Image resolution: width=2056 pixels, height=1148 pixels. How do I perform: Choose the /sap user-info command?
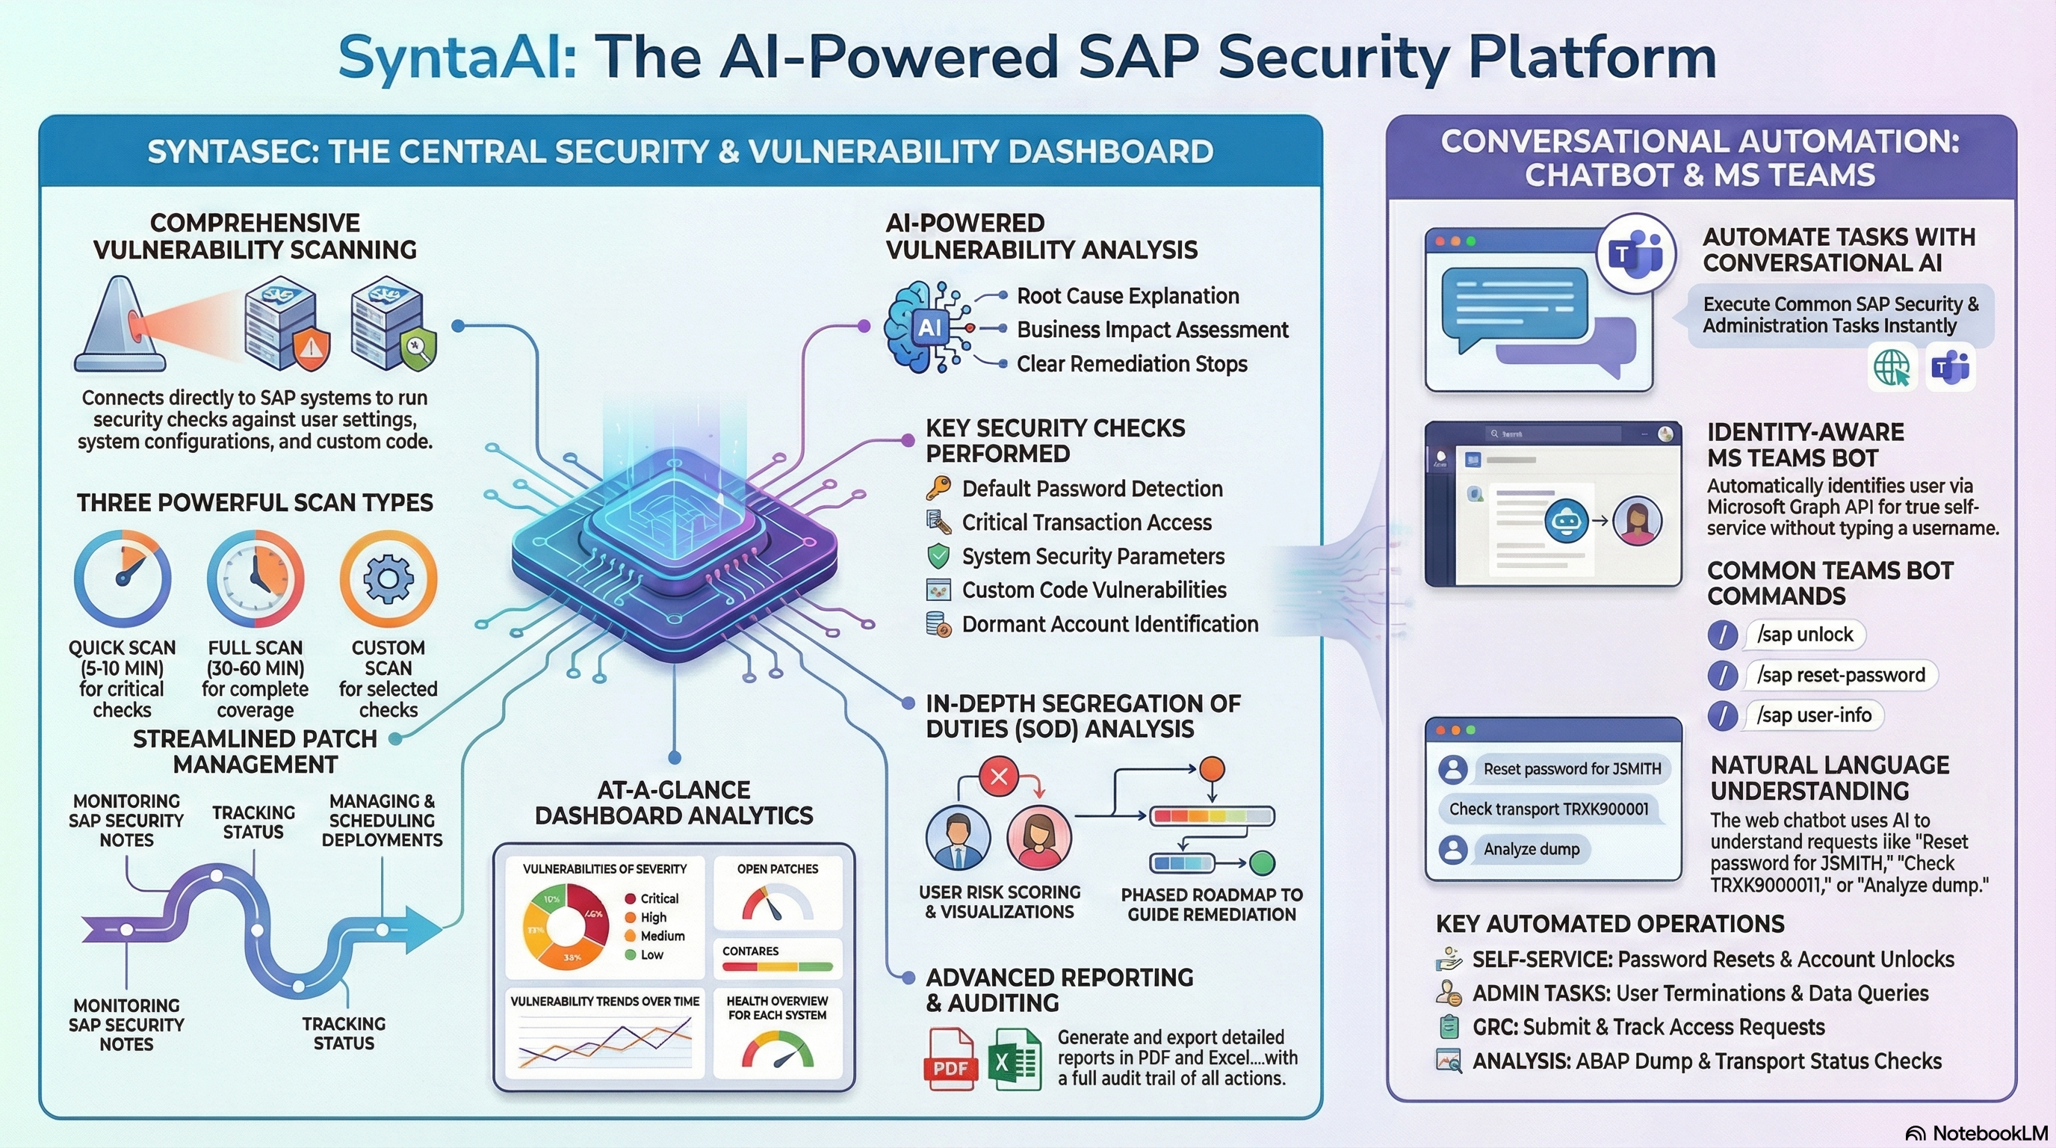coord(1813,715)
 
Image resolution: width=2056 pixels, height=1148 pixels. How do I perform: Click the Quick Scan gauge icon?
coord(122,578)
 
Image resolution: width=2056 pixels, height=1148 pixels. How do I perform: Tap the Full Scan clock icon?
coord(256,578)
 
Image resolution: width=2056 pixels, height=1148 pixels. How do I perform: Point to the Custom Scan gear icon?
coord(388,578)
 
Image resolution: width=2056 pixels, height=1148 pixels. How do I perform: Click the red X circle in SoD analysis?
coord(998,776)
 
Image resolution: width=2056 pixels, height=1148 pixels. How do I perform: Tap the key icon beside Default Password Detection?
coord(938,488)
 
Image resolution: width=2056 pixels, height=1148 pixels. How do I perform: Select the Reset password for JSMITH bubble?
coord(1570,769)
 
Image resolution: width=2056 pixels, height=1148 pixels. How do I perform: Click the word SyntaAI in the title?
coord(456,58)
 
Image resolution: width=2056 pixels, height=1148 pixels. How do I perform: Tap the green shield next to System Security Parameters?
coord(938,555)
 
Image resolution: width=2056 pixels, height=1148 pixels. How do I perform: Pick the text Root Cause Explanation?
coord(1127,296)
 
